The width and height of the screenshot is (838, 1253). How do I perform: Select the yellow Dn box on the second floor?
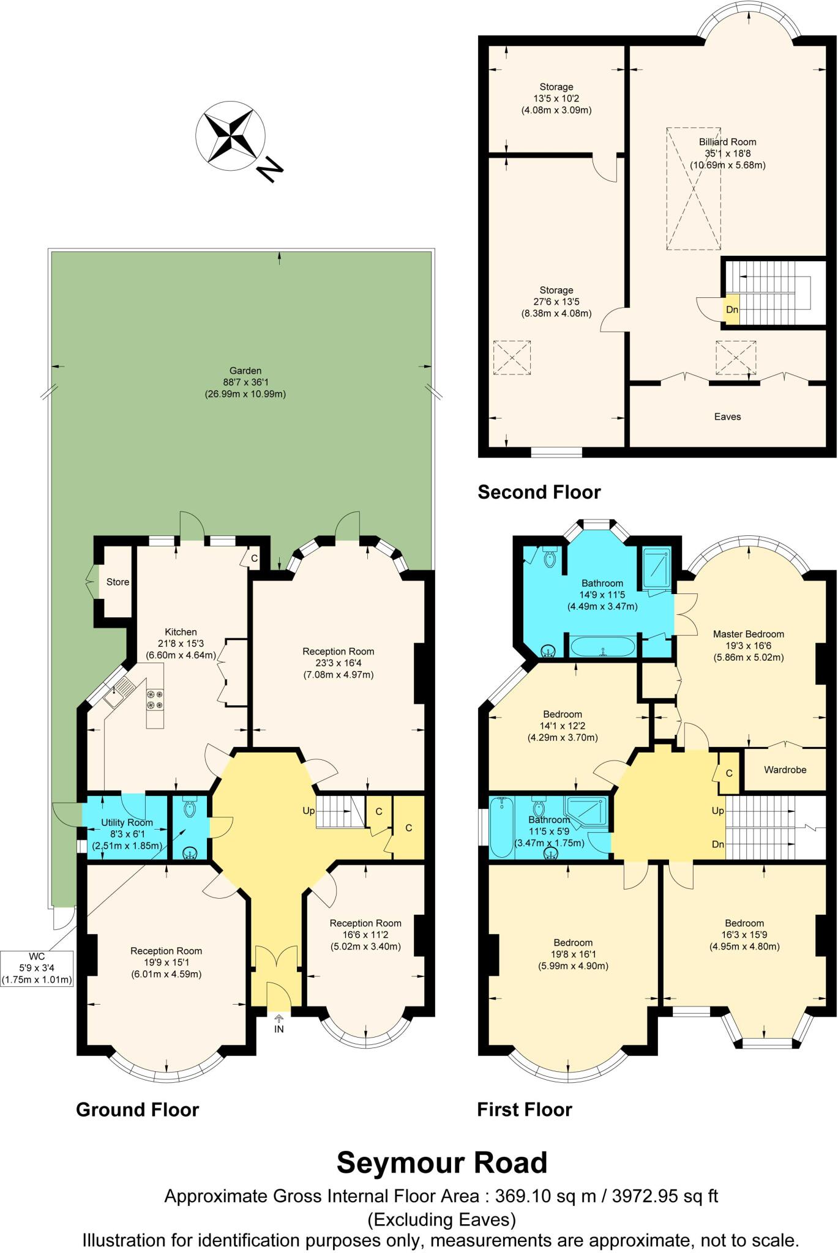pos(731,310)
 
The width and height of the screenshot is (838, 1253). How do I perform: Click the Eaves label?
pos(727,417)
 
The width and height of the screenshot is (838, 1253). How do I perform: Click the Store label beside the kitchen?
pos(118,582)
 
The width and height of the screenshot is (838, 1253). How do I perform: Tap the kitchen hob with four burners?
pos(154,699)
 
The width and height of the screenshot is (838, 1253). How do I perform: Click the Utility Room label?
pos(127,822)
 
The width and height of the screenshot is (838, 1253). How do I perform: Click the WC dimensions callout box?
pos(37,968)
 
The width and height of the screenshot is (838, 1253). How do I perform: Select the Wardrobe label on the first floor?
pos(785,770)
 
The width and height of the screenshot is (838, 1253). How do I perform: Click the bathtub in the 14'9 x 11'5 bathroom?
pos(603,647)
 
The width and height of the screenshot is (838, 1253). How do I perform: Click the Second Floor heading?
pos(539,492)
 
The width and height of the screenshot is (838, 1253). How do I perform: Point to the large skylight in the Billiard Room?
pos(694,188)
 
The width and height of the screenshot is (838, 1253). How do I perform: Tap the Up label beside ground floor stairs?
pos(309,811)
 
